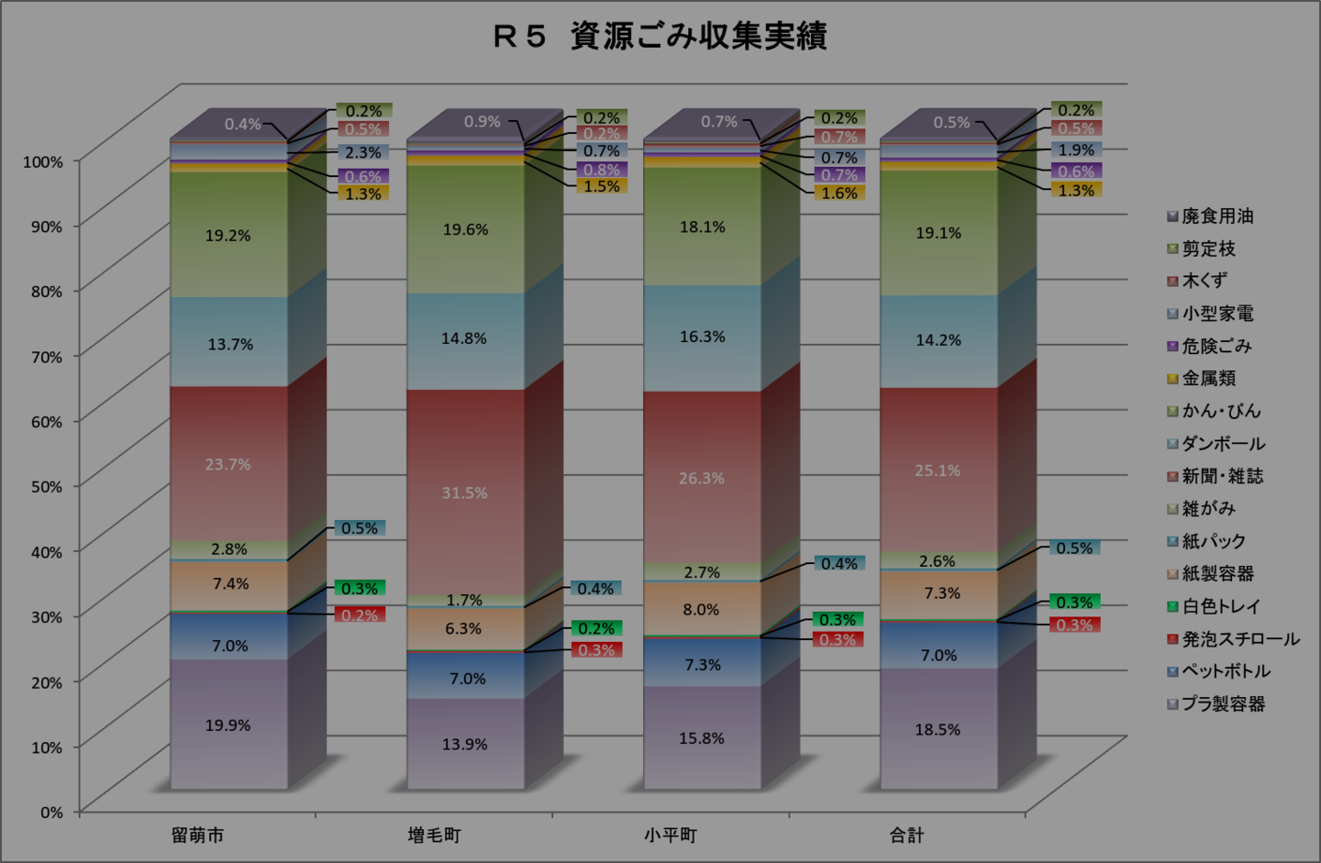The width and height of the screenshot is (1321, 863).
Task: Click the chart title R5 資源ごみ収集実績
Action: point(660,37)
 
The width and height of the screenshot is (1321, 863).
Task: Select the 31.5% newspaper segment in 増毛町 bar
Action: point(464,493)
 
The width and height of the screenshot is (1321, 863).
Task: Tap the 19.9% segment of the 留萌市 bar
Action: point(228,725)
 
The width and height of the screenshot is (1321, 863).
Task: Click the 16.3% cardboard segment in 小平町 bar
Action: point(702,337)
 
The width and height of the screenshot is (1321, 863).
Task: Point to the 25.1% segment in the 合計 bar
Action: point(938,470)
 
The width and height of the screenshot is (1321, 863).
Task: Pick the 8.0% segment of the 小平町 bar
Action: point(701,610)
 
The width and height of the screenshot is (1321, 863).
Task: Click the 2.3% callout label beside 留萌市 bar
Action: point(363,153)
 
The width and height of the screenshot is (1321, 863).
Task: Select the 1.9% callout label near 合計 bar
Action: point(1076,150)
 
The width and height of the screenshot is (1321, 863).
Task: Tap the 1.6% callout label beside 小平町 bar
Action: point(839,194)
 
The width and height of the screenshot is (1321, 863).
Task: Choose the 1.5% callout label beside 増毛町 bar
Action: point(602,186)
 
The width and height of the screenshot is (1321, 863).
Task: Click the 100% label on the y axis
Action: point(43,161)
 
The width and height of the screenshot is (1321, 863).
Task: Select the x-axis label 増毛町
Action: point(434,835)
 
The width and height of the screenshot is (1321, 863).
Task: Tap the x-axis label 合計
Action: point(906,835)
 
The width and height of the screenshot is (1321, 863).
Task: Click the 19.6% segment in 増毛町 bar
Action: point(465,230)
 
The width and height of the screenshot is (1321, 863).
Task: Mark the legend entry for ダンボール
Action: point(1223,444)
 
